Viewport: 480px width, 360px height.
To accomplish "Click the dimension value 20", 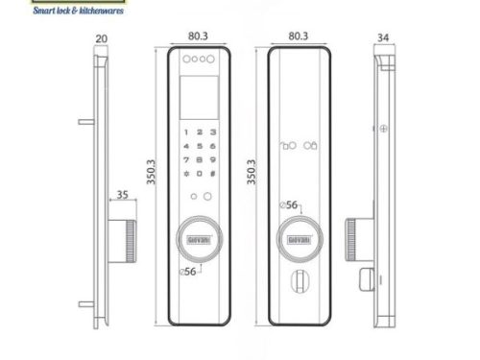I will [x=102, y=40].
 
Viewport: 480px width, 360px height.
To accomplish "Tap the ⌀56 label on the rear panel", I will [x=291, y=204].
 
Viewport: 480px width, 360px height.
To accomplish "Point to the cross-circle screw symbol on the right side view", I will [x=383, y=129].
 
